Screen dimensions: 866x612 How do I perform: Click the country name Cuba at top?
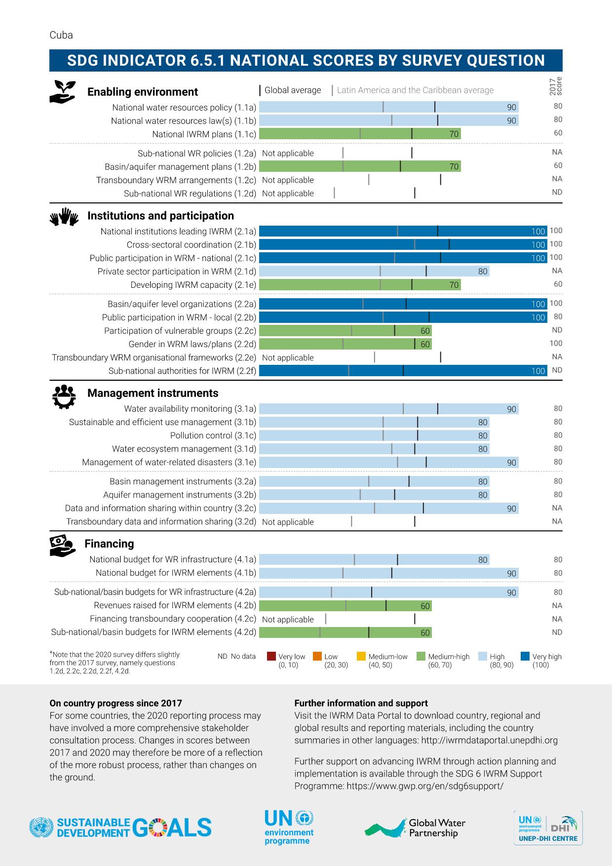click(61, 35)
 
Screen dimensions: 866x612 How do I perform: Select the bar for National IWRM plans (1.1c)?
click(359, 134)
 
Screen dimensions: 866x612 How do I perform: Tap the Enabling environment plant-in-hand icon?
click(63, 91)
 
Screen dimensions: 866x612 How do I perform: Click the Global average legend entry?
click(291, 90)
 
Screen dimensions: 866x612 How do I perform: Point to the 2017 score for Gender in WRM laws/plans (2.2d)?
click(556, 343)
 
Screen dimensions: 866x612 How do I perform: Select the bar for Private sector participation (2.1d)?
click(374, 271)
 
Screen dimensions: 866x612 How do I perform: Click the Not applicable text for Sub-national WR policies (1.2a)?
click(288, 154)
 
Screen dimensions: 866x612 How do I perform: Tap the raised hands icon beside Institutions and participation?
click(64, 216)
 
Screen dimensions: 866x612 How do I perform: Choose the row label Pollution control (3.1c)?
click(213, 435)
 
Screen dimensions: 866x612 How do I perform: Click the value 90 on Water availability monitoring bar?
click(511, 409)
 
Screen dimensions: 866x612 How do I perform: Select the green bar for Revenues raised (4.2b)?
click(345, 606)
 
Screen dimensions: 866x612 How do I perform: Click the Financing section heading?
click(109, 544)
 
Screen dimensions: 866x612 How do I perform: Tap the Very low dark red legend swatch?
click(271, 657)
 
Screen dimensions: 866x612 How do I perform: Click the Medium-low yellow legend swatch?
click(361, 657)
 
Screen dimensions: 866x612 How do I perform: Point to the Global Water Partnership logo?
click(415, 827)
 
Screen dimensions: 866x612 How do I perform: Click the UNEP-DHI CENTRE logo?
click(548, 827)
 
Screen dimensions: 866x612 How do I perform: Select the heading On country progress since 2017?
click(115, 703)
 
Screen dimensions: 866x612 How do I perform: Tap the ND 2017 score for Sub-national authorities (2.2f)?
click(557, 370)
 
